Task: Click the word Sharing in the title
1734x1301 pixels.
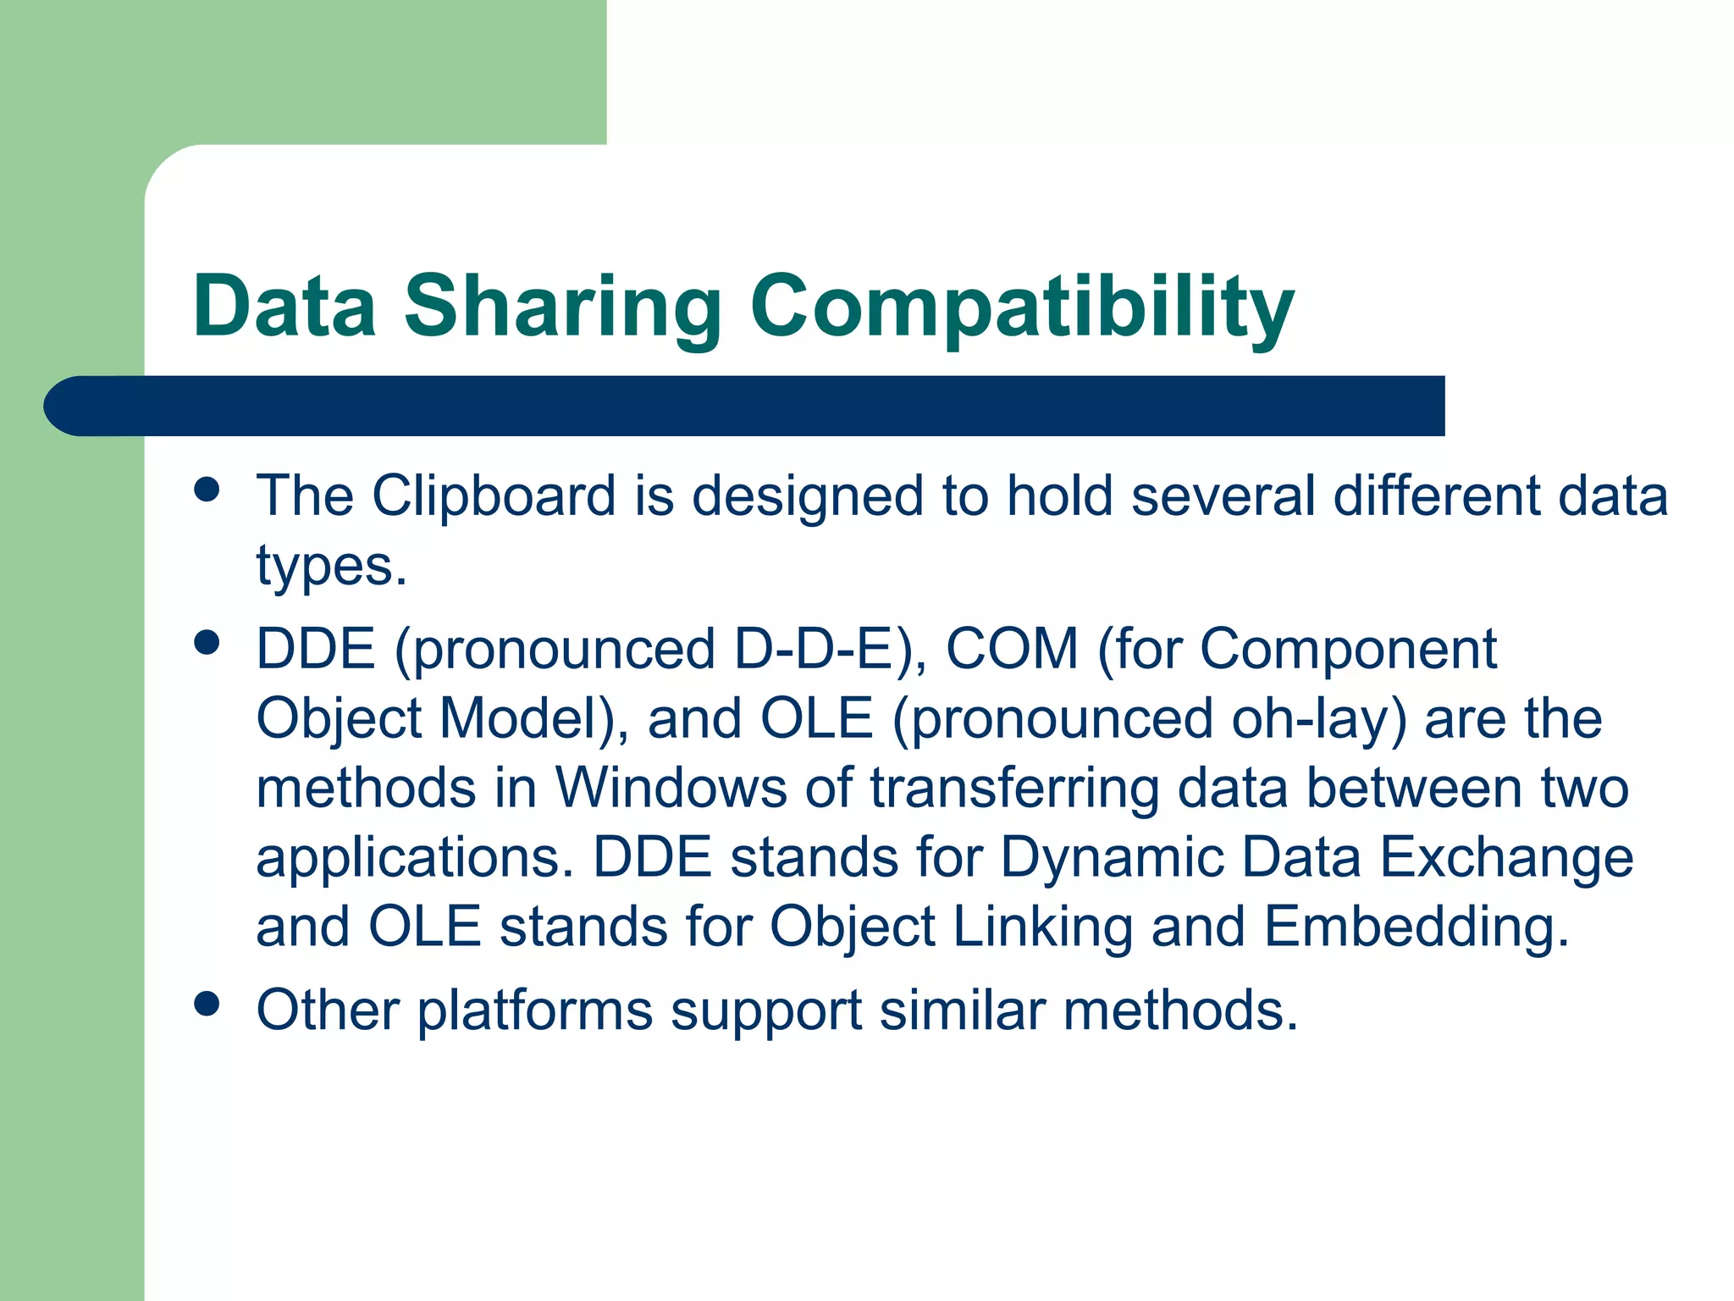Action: pyautogui.click(x=562, y=307)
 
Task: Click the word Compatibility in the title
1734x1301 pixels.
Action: pyautogui.click(x=1022, y=307)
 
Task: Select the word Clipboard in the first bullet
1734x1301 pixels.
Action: pyautogui.click(x=494, y=495)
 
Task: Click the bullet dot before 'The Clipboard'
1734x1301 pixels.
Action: pyautogui.click(x=207, y=490)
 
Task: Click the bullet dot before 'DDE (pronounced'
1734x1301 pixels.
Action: pyautogui.click(x=207, y=642)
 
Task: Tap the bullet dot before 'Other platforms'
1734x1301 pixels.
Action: pyautogui.click(x=207, y=1005)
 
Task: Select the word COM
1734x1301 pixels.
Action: pyautogui.click(x=1011, y=650)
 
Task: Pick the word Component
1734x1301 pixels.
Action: pyautogui.click(x=1348, y=650)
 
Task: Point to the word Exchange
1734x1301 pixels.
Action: pyautogui.click(x=1506, y=858)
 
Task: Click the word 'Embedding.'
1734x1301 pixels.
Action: pyautogui.click(x=1416, y=927)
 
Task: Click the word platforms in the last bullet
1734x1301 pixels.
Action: pyautogui.click(x=535, y=1011)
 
